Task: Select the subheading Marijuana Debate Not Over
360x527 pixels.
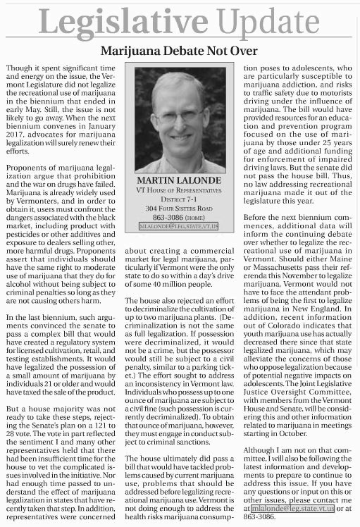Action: click(x=179, y=51)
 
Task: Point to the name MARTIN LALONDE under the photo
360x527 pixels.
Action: click(x=179, y=181)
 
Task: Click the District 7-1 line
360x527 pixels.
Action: click(x=179, y=199)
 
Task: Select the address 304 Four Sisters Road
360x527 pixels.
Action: click(x=179, y=209)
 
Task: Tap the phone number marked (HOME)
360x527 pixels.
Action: click(x=179, y=218)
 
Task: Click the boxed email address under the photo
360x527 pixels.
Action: click(x=179, y=227)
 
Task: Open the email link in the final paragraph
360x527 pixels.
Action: click(x=292, y=508)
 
